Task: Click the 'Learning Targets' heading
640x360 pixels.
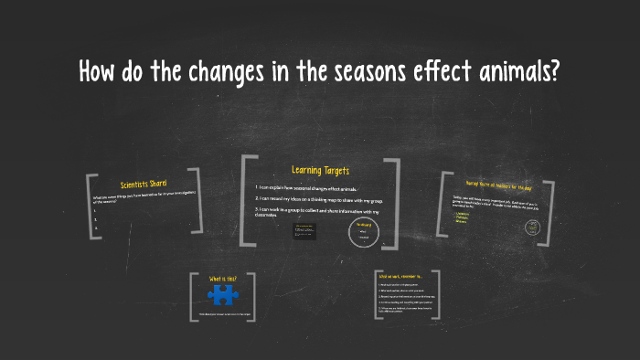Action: [320, 170]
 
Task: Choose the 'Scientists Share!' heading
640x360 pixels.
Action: [144, 185]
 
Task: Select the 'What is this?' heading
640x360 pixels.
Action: [222, 278]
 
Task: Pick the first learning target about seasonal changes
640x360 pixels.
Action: [305, 187]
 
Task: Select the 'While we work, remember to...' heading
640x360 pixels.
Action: [399, 276]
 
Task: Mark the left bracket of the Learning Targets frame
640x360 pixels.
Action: [247, 201]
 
